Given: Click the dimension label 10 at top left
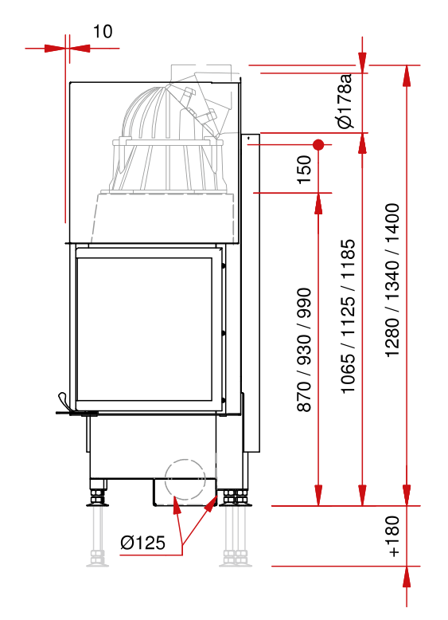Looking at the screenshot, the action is click(x=103, y=31).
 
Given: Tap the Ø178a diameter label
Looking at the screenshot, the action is click(x=345, y=101).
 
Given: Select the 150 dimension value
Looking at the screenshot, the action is click(x=304, y=170).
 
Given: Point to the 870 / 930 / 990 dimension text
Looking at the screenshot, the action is click(x=304, y=350).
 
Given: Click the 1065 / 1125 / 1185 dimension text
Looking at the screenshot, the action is click(x=348, y=316).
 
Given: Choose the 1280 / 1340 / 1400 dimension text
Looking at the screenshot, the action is click(x=392, y=281).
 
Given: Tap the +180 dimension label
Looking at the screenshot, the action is click(x=394, y=536).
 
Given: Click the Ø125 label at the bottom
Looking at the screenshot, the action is click(x=142, y=543).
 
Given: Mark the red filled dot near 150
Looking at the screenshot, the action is click(x=318, y=145).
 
